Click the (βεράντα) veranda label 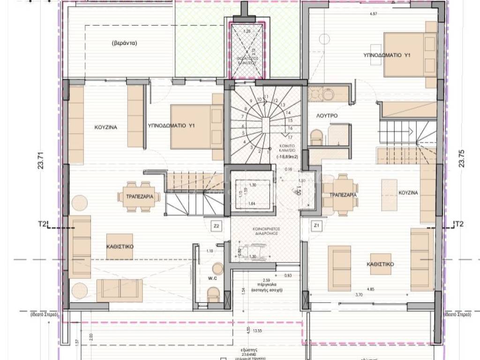(124, 44)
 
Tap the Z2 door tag (216, 226)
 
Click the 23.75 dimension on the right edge (462, 159)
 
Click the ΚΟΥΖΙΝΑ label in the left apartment (105, 127)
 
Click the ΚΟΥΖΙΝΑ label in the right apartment (408, 193)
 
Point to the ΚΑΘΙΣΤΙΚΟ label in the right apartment (380, 264)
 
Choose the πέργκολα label (262, 285)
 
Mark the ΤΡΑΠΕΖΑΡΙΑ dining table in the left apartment (139, 197)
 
